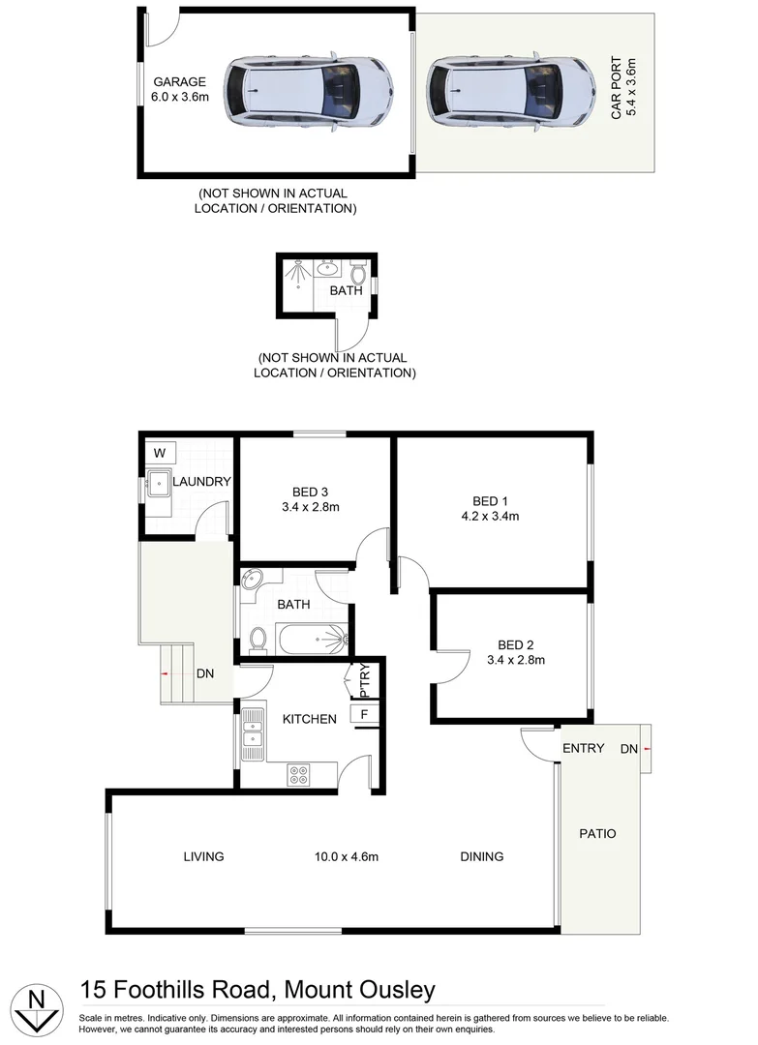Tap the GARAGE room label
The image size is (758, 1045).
(x=181, y=83)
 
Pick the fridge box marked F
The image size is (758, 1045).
(x=364, y=715)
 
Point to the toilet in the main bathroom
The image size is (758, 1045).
(x=258, y=639)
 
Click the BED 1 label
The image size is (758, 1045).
(x=490, y=500)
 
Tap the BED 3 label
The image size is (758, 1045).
(x=310, y=491)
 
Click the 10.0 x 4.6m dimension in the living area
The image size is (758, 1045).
(x=346, y=856)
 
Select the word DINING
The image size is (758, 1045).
(x=481, y=856)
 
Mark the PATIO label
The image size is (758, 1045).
(x=597, y=833)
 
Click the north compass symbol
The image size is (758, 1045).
(x=36, y=1006)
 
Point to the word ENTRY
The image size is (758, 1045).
(x=584, y=748)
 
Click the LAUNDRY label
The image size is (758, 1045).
(x=201, y=481)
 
